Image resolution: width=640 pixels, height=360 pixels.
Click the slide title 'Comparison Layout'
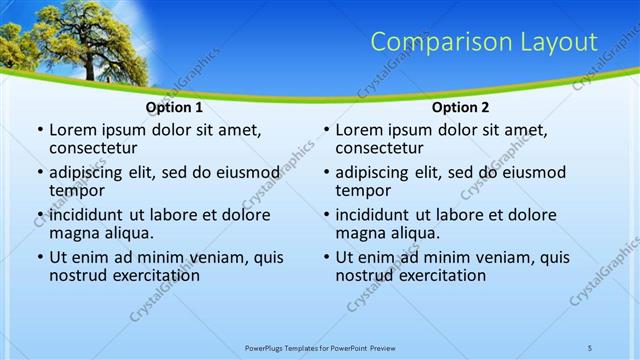point(484,42)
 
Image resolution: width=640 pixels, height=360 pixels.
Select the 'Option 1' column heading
point(174,107)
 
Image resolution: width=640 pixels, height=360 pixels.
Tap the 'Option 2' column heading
point(460,107)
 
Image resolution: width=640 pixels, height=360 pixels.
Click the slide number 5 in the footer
point(589,347)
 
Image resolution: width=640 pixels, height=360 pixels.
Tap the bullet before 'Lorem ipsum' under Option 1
point(39,130)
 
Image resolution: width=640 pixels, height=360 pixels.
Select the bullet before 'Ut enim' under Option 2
point(325,257)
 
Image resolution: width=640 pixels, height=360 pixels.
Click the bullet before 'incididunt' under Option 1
point(39,214)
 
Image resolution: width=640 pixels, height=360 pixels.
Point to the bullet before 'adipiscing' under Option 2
point(325,172)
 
